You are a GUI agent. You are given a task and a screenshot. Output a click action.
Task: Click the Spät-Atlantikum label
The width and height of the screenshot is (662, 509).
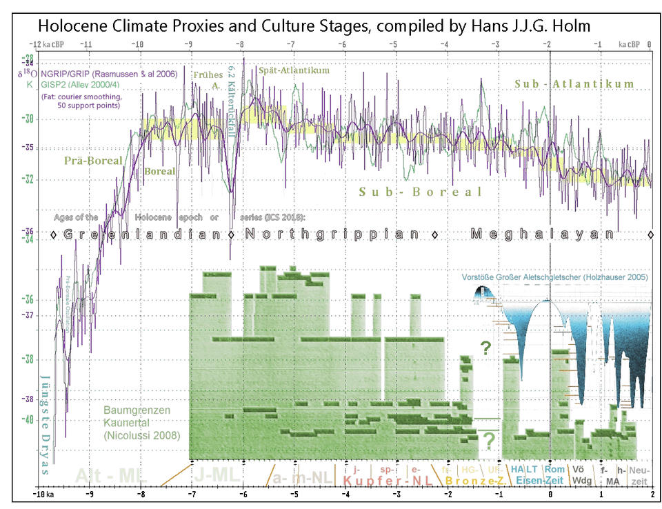click(293, 70)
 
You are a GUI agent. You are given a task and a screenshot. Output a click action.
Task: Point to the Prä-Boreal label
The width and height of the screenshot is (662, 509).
click(93, 161)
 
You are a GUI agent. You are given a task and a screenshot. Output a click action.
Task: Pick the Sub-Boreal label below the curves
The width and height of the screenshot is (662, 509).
click(421, 192)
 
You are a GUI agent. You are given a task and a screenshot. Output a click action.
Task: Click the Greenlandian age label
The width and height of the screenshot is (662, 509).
click(141, 234)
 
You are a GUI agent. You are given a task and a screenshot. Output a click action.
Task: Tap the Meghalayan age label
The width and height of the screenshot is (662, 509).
click(542, 234)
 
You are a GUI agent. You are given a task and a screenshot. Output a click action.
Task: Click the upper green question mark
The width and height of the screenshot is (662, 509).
click(486, 348)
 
